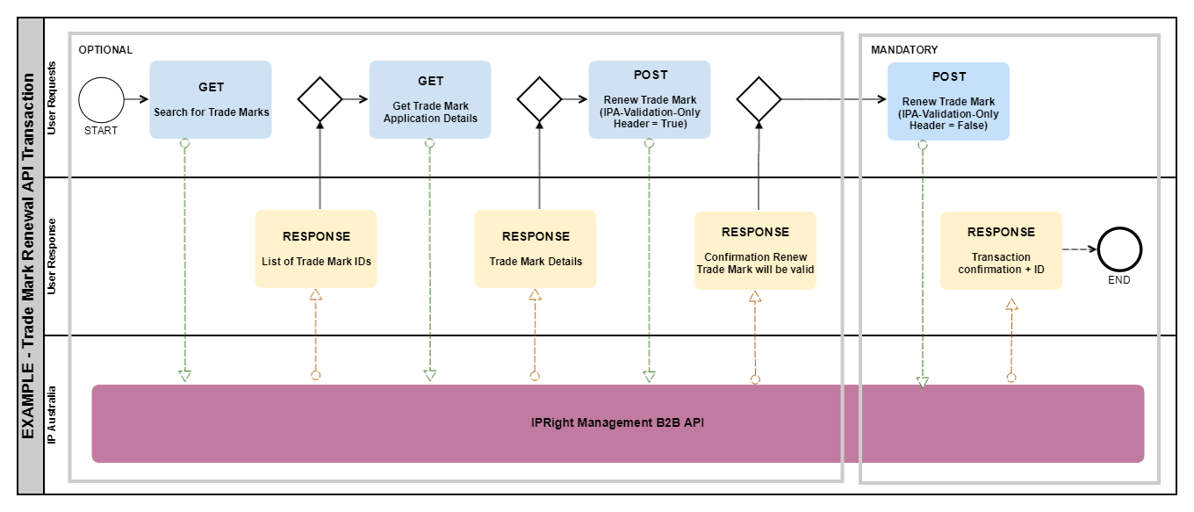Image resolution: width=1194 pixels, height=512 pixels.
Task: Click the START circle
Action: click(x=101, y=100)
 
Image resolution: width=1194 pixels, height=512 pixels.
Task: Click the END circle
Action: click(x=1118, y=249)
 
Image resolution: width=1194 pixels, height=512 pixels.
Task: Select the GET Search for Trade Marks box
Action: click(x=211, y=99)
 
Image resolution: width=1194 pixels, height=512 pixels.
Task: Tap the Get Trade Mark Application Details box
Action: click(x=430, y=99)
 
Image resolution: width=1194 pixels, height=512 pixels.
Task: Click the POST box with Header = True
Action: click(x=650, y=99)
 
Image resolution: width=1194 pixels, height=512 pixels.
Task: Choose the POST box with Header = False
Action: click(x=948, y=101)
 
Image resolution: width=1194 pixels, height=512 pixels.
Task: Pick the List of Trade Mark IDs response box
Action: click(x=316, y=249)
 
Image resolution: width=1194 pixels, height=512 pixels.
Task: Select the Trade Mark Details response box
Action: click(x=536, y=249)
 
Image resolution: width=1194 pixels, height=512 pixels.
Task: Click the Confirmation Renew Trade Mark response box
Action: click(x=755, y=249)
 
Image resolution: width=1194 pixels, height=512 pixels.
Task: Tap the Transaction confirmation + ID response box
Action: click(x=1001, y=250)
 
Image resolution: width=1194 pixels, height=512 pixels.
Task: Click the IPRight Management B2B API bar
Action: click(x=618, y=423)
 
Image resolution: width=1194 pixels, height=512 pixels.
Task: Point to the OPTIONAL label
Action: click(x=105, y=50)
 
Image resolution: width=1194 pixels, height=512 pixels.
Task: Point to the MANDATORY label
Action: click(x=904, y=50)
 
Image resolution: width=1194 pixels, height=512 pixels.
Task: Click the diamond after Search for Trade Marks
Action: click(x=320, y=100)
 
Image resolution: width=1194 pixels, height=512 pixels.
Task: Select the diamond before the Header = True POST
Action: click(x=539, y=100)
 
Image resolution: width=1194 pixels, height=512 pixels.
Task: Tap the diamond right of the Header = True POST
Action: click(x=759, y=100)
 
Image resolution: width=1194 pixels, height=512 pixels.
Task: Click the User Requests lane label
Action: click(x=52, y=97)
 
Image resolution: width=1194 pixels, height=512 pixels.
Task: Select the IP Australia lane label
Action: click(x=52, y=414)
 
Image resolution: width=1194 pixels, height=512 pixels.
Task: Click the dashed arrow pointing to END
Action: click(x=1079, y=249)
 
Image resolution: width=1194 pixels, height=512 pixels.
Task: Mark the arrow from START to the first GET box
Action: click(x=136, y=100)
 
